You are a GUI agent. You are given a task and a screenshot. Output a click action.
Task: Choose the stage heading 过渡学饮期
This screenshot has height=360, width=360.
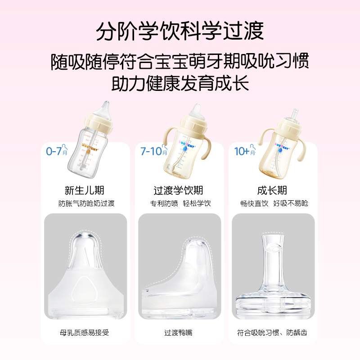point(180,190)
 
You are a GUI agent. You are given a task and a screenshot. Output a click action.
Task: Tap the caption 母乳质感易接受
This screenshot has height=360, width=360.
point(85,333)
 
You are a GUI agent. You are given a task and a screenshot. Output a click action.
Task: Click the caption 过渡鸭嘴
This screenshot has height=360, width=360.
point(180,333)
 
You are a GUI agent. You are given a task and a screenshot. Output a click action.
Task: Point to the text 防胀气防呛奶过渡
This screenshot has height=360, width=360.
point(86,203)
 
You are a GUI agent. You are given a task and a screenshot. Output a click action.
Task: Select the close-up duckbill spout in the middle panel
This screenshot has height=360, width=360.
point(180,274)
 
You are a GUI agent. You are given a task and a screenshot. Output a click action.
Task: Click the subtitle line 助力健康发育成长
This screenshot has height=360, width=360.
point(180,84)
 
